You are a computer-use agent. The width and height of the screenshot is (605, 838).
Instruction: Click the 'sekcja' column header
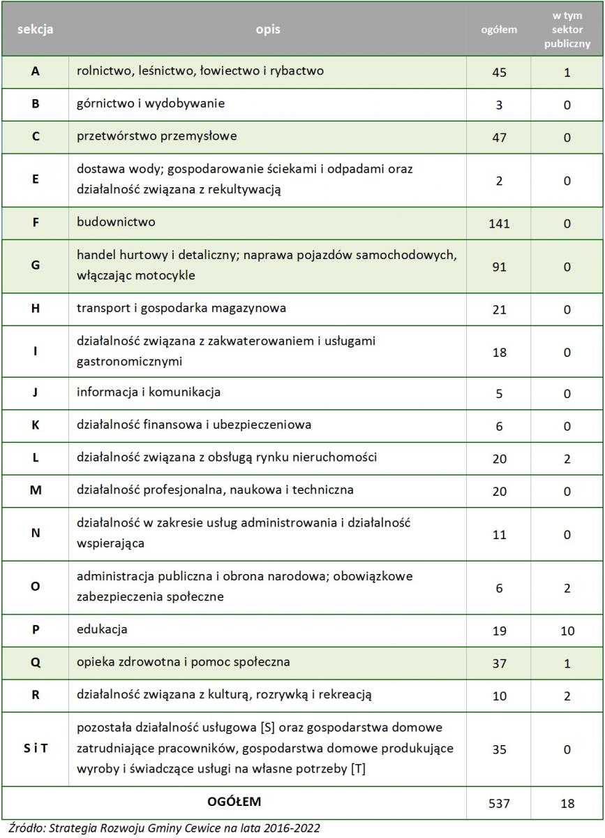35,29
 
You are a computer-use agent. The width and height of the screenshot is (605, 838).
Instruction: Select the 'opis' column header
267,29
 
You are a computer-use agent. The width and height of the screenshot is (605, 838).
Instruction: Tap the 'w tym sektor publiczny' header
567,29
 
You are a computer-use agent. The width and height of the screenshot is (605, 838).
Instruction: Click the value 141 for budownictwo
499,223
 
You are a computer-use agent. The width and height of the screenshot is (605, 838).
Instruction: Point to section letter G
35,266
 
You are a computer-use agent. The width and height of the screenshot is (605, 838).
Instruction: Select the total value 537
499,803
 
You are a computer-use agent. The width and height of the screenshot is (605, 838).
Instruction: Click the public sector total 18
567,803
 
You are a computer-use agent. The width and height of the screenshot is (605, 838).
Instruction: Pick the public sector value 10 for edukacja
567,631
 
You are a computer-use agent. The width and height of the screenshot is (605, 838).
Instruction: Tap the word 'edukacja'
102,629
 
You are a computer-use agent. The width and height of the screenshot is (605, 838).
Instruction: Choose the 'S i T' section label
35,749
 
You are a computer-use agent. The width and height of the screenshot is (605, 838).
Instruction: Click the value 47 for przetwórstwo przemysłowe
499,137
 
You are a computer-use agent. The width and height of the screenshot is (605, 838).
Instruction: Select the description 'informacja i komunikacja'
149,392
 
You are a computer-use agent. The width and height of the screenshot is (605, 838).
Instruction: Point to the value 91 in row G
499,266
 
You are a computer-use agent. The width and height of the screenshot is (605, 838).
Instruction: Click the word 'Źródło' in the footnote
22,828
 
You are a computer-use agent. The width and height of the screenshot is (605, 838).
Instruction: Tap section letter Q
35,662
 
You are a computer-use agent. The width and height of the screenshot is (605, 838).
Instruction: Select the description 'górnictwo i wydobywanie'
151,103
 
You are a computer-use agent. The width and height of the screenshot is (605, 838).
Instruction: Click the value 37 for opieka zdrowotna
499,663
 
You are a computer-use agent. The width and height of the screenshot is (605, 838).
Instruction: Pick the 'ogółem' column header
499,29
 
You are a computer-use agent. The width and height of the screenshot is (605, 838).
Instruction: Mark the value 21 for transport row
499,309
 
